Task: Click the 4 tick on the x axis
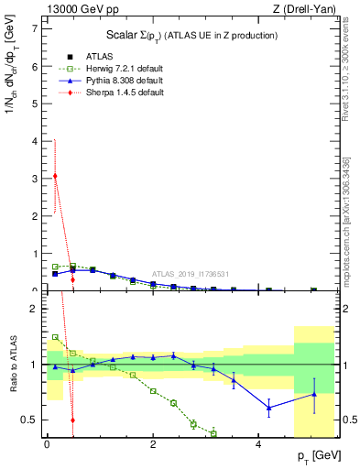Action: click(260, 443)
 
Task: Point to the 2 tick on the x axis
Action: click(154, 443)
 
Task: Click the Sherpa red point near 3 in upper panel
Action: click(55, 176)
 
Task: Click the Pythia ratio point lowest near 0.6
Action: click(268, 408)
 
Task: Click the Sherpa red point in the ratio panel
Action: click(72, 420)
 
